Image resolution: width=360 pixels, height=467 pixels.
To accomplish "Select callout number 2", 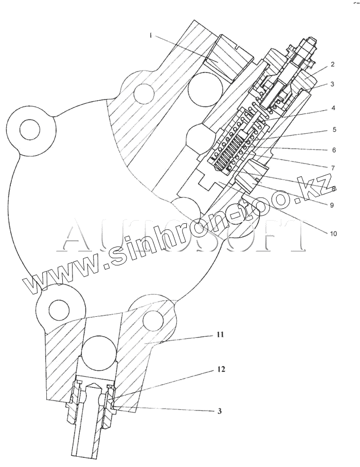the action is tap(333, 65).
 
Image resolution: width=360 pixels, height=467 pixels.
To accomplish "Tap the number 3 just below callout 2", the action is tap(333, 84).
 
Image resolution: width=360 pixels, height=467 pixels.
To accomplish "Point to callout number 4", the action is tap(333, 108).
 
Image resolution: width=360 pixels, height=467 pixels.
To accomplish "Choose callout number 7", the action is tap(333, 168).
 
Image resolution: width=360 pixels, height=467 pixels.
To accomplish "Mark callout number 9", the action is tap(332, 205).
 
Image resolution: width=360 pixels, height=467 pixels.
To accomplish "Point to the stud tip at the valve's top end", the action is tap(311, 40).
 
